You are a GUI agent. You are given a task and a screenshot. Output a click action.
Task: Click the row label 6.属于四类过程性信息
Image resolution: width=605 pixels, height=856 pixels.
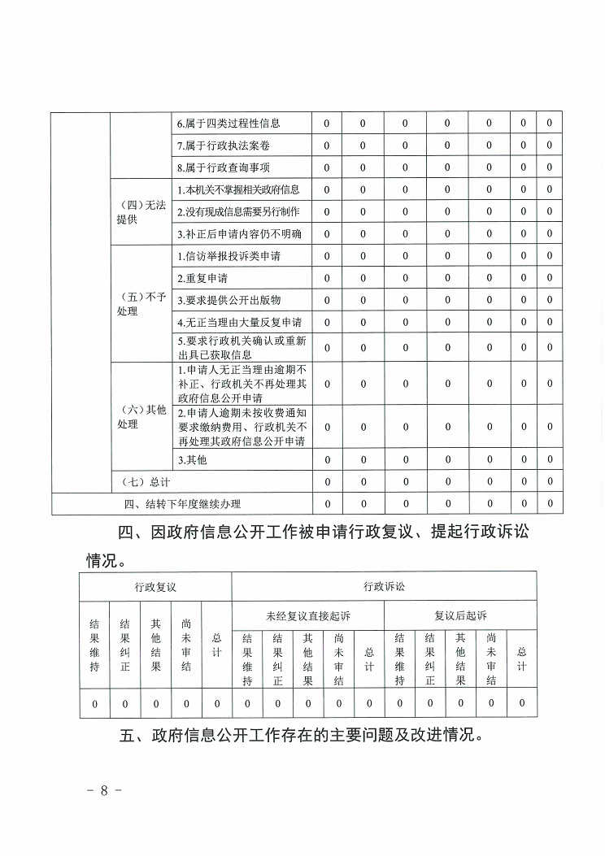(x=229, y=124)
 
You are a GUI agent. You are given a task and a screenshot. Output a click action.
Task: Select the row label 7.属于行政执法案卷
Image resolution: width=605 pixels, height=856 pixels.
(x=223, y=146)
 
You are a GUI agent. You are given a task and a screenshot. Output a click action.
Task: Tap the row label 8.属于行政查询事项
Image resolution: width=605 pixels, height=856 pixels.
(x=223, y=167)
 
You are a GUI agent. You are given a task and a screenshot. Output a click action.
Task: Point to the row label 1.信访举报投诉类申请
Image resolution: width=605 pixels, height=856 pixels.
(x=229, y=256)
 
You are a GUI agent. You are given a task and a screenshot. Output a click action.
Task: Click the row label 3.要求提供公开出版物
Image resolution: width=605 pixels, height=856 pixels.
(x=229, y=300)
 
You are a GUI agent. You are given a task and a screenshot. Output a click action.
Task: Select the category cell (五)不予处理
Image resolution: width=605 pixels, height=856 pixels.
(x=141, y=304)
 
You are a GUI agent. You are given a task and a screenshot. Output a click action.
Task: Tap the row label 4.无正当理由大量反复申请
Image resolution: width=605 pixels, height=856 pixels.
(x=239, y=322)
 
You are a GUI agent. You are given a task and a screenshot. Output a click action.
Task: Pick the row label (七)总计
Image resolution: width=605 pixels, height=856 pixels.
(x=141, y=482)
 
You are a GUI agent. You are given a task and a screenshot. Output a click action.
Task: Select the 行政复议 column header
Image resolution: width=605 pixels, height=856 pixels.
(x=155, y=586)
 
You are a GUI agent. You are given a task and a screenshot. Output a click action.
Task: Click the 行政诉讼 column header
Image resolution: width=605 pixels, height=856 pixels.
(x=384, y=586)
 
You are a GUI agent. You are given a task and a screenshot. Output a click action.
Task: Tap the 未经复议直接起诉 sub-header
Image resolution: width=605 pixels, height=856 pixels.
(x=308, y=615)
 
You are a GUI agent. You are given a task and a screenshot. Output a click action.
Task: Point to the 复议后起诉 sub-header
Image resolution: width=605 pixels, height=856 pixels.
(x=460, y=615)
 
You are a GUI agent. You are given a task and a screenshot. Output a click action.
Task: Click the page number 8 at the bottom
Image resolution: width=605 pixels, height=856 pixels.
(x=104, y=791)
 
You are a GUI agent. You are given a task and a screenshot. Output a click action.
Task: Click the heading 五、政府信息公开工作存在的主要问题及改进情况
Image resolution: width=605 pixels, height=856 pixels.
(x=302, y=737)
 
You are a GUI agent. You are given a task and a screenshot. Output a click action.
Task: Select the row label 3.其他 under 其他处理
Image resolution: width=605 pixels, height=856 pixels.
(x=192, y=460)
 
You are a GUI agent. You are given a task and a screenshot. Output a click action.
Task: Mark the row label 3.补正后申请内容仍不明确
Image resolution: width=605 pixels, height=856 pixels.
(x=239, y=234)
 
